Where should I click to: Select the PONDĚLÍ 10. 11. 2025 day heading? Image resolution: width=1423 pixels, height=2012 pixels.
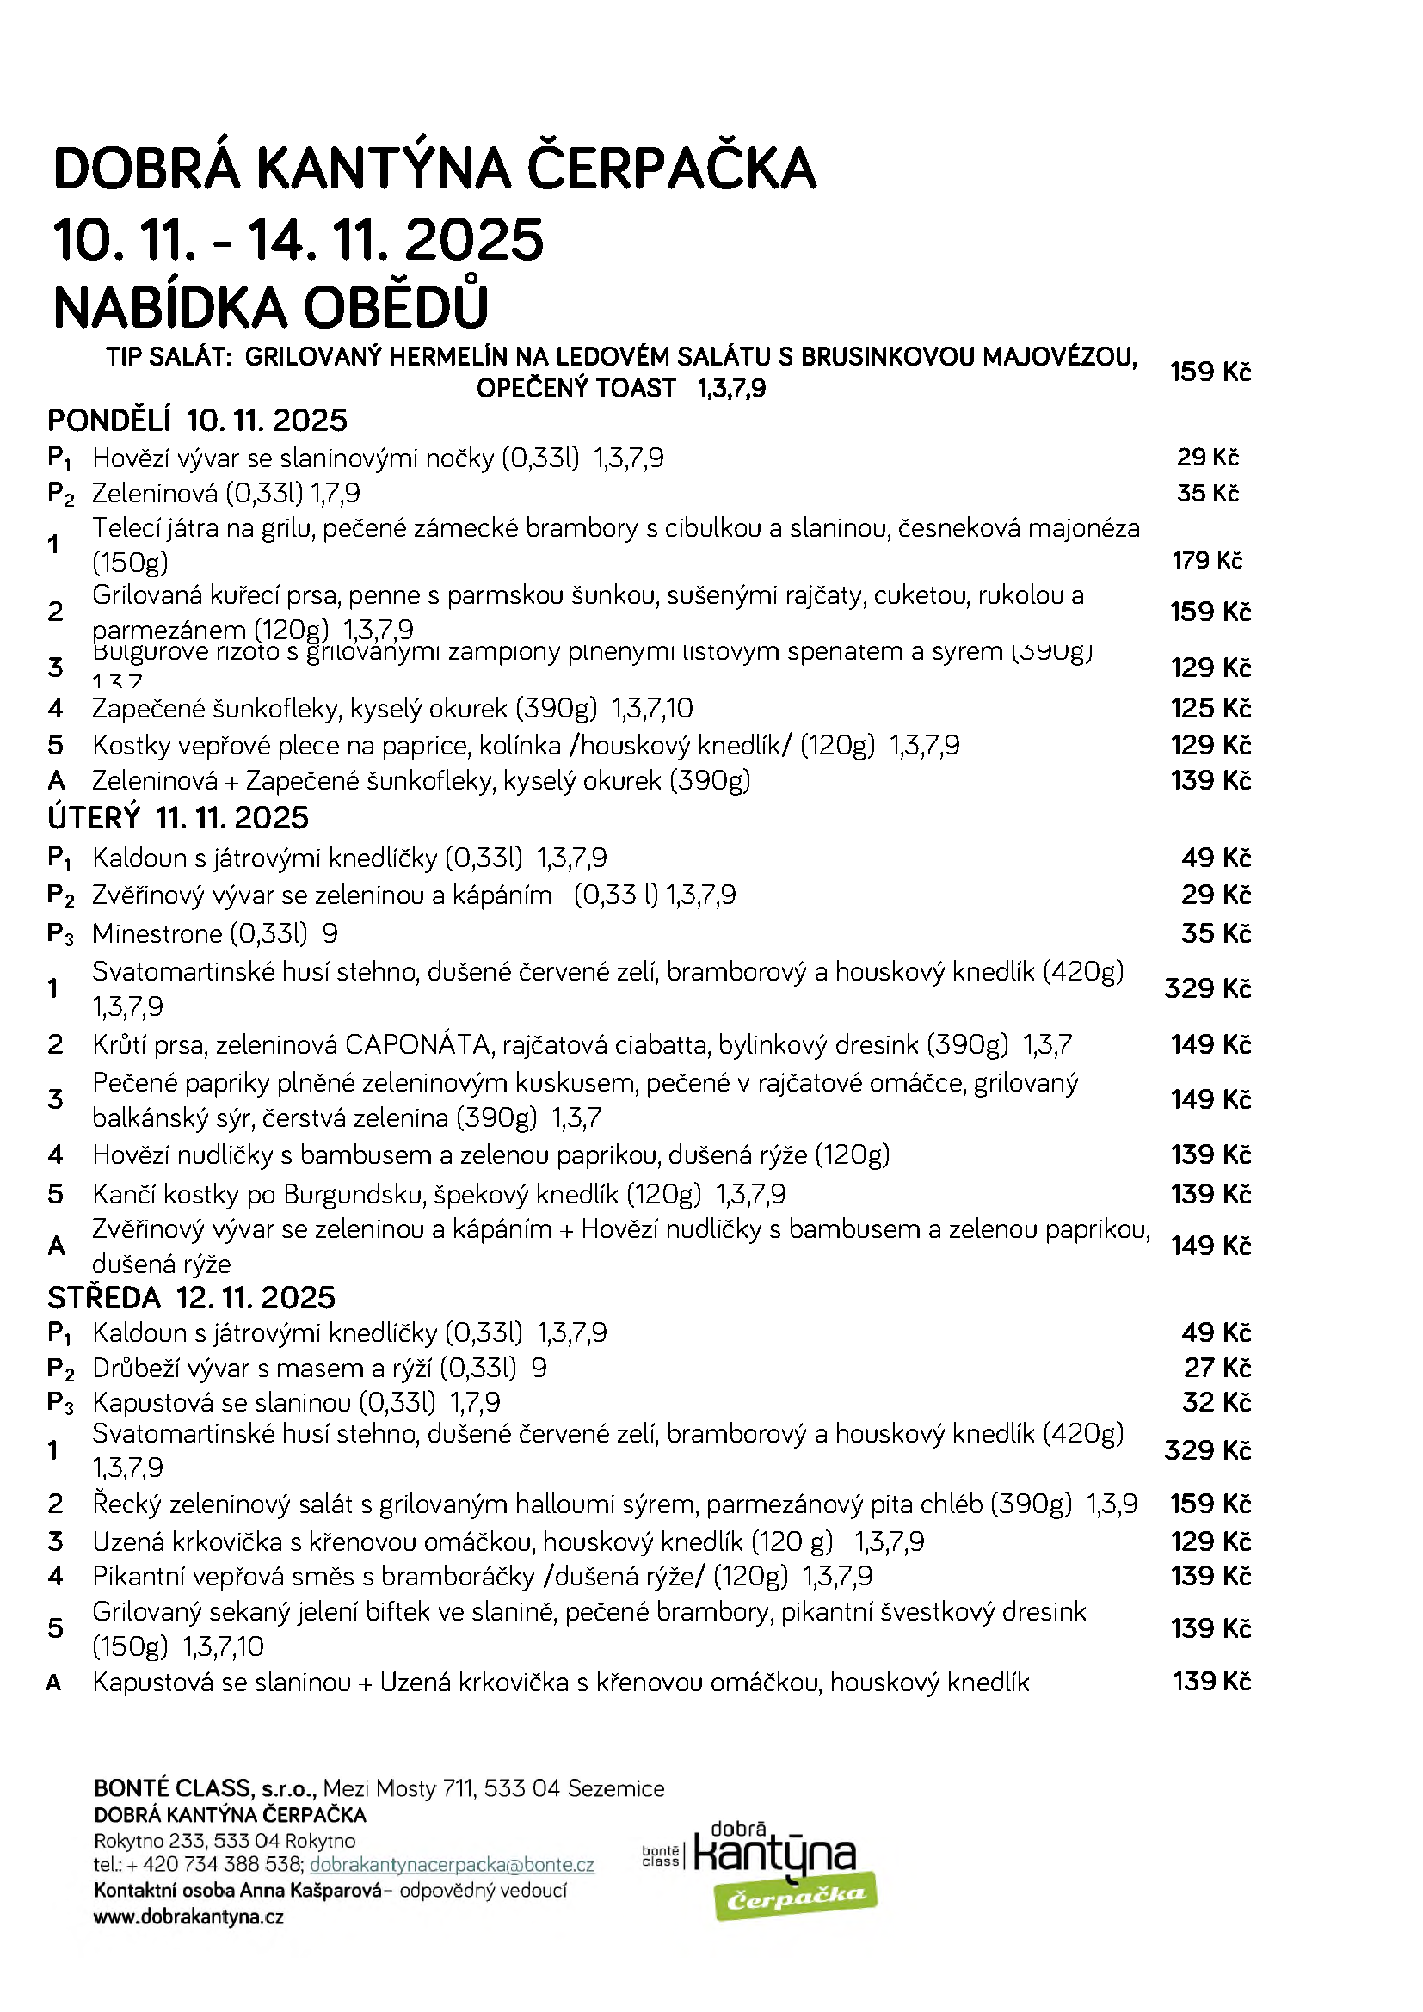point(197,421)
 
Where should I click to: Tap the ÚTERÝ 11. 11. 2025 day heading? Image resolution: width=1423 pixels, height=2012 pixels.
point(178,817)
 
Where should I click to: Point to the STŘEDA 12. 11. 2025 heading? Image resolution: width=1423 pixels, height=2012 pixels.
point(191,1297)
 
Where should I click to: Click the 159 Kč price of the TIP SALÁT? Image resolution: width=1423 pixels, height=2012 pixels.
point(1210,372)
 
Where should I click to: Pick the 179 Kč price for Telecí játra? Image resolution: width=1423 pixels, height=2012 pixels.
point(1206,560)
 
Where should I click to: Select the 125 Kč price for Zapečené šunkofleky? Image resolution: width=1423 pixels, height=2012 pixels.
point(1210,708)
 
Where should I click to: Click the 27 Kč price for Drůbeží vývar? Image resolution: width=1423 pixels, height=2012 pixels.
point(1217,1367)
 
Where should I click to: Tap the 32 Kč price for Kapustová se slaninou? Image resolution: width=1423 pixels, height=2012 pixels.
point(1216,1402)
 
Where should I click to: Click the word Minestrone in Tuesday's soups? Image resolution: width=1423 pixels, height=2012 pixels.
point(157,933)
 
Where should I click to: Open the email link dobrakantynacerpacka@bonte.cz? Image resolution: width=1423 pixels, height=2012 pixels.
point(453,1865)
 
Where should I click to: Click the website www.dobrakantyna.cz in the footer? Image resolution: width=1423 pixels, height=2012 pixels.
point(188,1917)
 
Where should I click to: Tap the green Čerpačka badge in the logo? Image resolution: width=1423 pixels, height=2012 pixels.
point(796,1898)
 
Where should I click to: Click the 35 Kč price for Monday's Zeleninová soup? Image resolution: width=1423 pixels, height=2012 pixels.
point(1206,494)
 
